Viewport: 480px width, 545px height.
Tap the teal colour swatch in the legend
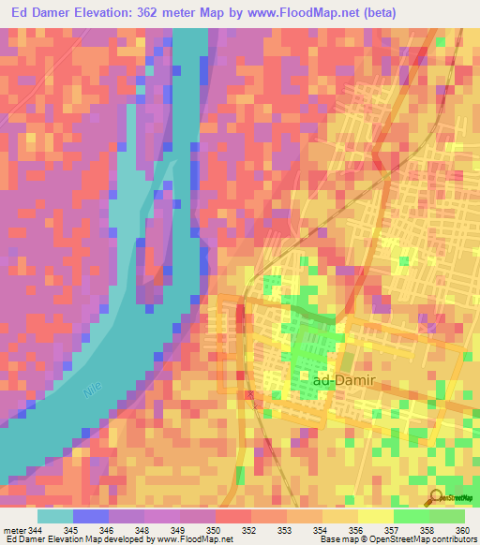tap(55, 516)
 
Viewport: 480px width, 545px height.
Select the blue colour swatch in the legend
tap(91, 516)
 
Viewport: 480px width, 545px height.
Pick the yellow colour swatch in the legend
tap(375, 516)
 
